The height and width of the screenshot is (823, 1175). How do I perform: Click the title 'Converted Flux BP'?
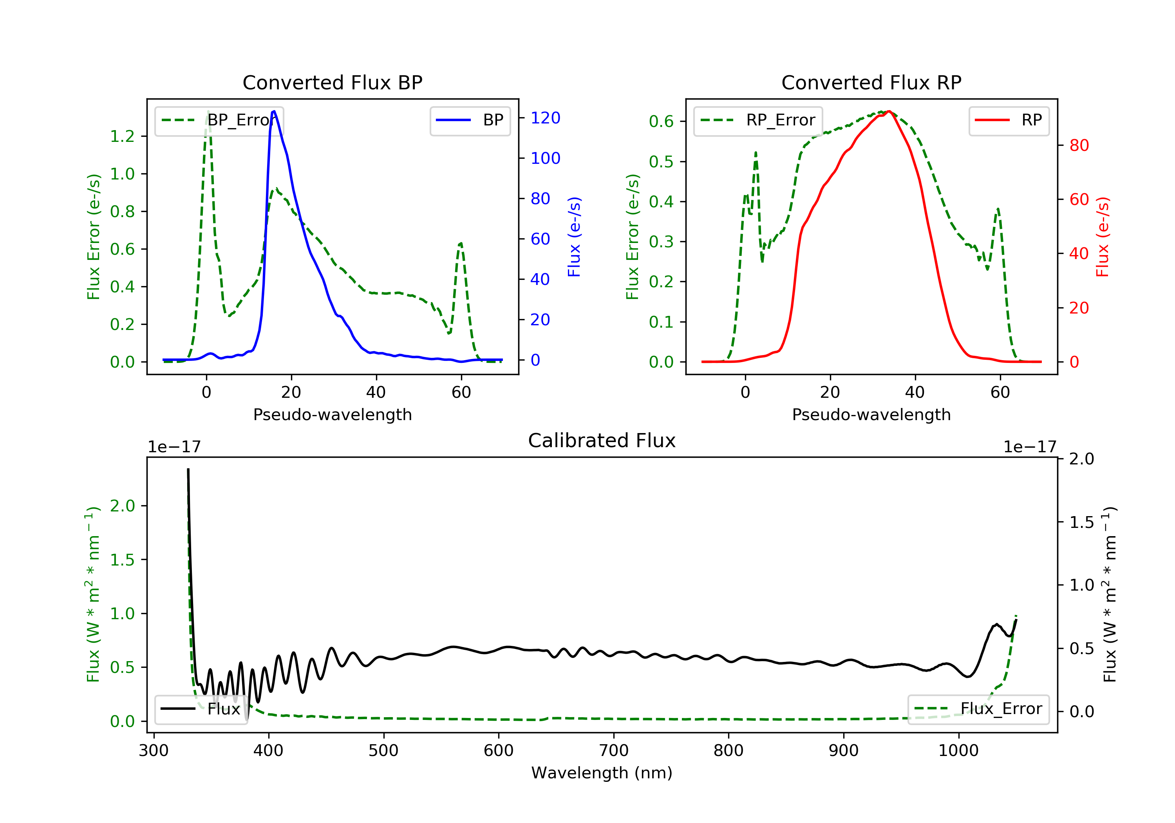(x=332, y=82)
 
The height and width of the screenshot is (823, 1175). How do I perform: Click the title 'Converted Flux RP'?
(x=871, y=82)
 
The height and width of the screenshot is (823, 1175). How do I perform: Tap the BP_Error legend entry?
(x=219, y=120)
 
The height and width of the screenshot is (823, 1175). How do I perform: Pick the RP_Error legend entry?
(x=758, y=120)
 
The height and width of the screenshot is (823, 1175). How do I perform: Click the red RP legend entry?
(x=1009, y=120)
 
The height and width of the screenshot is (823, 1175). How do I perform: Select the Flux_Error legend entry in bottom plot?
(x=978, y=709)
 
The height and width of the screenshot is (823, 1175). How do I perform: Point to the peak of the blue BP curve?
(x=274, y=111)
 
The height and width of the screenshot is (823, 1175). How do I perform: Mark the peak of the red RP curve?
(x=889, y=111)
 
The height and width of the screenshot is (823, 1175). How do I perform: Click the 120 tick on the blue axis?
(x=545, y=118)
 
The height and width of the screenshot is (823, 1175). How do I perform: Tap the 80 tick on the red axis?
(x=1079, y=145)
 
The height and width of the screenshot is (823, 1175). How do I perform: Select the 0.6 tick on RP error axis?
(x=661, y=121)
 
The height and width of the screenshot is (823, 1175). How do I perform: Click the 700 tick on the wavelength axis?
(x=614, y=751)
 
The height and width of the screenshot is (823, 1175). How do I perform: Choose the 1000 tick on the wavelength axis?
(x=958, y=751)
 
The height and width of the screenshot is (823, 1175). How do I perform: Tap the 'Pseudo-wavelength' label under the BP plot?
(x=332, y=415)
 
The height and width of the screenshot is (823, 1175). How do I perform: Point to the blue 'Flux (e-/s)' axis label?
(x=574, y=237)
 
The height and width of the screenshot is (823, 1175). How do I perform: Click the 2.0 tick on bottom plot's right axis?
(x=1081, y=459)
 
